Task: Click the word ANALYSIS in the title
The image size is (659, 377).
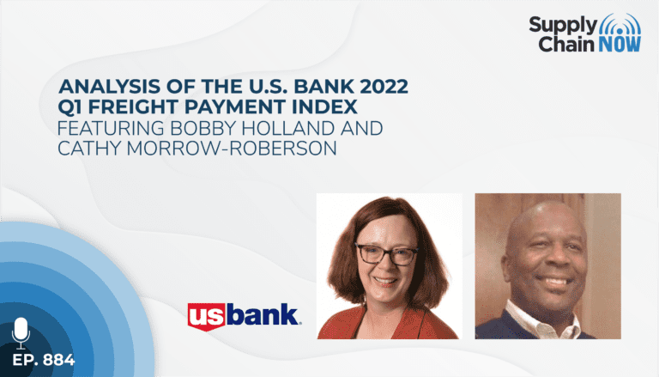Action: [x=109, y=87]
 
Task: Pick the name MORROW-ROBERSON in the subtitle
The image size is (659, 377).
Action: [x=232, y=148]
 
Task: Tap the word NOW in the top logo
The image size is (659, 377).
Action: [x=620, y=44]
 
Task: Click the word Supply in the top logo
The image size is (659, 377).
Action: [x=563, y=25]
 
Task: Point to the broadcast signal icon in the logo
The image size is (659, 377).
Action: [x=620, y=24]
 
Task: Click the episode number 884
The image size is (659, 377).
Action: [x=59, y=360]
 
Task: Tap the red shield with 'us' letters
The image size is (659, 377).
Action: [x=207, y=316]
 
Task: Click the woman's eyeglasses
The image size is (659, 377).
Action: [x=387, y=254]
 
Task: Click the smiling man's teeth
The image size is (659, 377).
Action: [x=556, y=281]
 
